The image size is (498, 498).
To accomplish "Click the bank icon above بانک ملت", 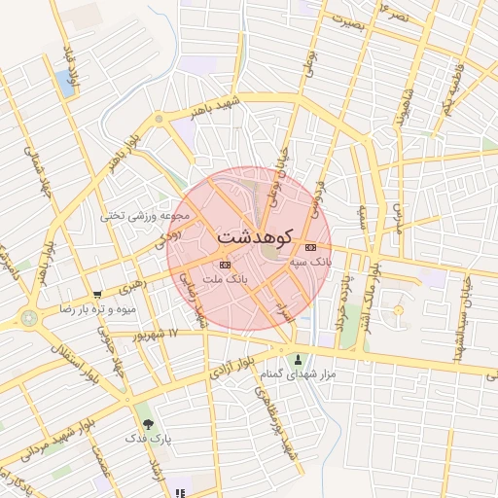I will tap(226, 264).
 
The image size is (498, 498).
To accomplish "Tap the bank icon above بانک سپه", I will tap(310, 247).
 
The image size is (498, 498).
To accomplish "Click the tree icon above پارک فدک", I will tap(148, 424).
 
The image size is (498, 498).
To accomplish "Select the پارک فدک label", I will tap(148, 439).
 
